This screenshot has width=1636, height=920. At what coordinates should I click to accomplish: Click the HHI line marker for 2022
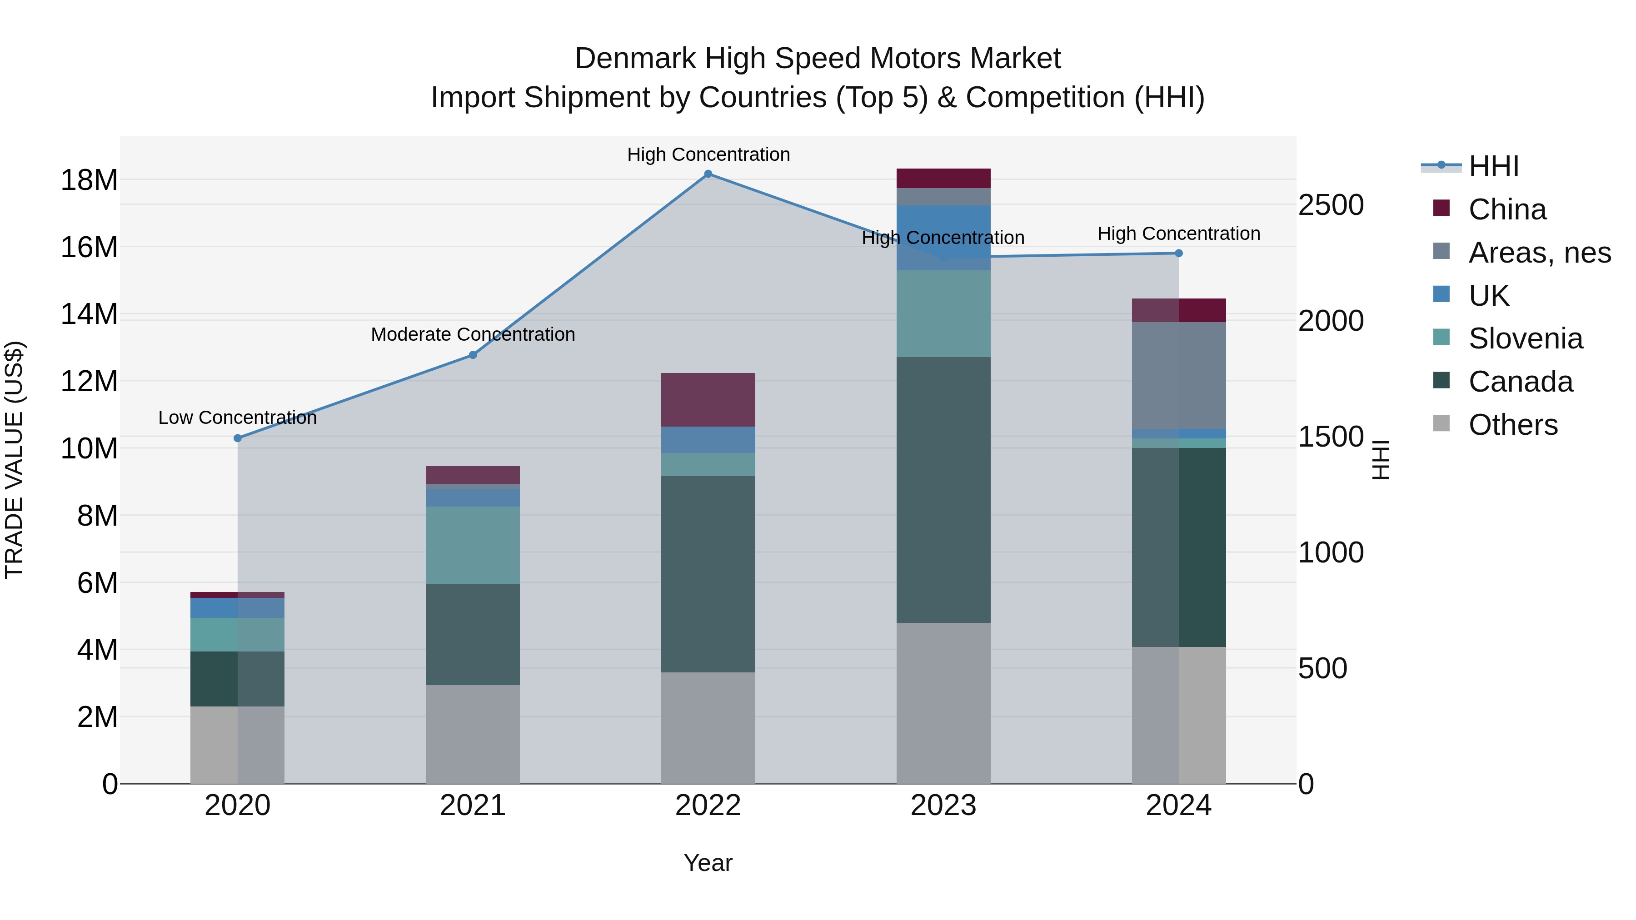[708, 174]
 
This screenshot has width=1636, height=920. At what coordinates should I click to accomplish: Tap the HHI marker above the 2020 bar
[238, 438]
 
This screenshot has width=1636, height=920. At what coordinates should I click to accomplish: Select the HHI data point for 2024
[1179, 254]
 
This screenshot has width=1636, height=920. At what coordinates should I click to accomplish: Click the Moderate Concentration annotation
[473, 334]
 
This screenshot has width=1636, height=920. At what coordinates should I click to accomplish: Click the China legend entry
[1506, 209]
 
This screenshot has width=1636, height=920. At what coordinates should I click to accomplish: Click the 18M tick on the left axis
[89, 180]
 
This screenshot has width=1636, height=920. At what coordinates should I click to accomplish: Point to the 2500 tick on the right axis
[1331, 205]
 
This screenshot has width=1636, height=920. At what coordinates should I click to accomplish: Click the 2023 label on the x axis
[943, 806]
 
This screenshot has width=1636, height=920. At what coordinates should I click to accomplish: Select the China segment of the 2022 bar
[708, 399]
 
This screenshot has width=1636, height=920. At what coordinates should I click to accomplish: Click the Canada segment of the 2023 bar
[943, 489]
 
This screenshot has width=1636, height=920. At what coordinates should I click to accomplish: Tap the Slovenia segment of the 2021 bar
[473, 545]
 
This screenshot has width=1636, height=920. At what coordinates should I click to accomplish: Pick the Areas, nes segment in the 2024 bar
[1179, 375]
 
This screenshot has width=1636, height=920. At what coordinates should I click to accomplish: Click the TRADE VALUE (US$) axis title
[14, 460]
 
